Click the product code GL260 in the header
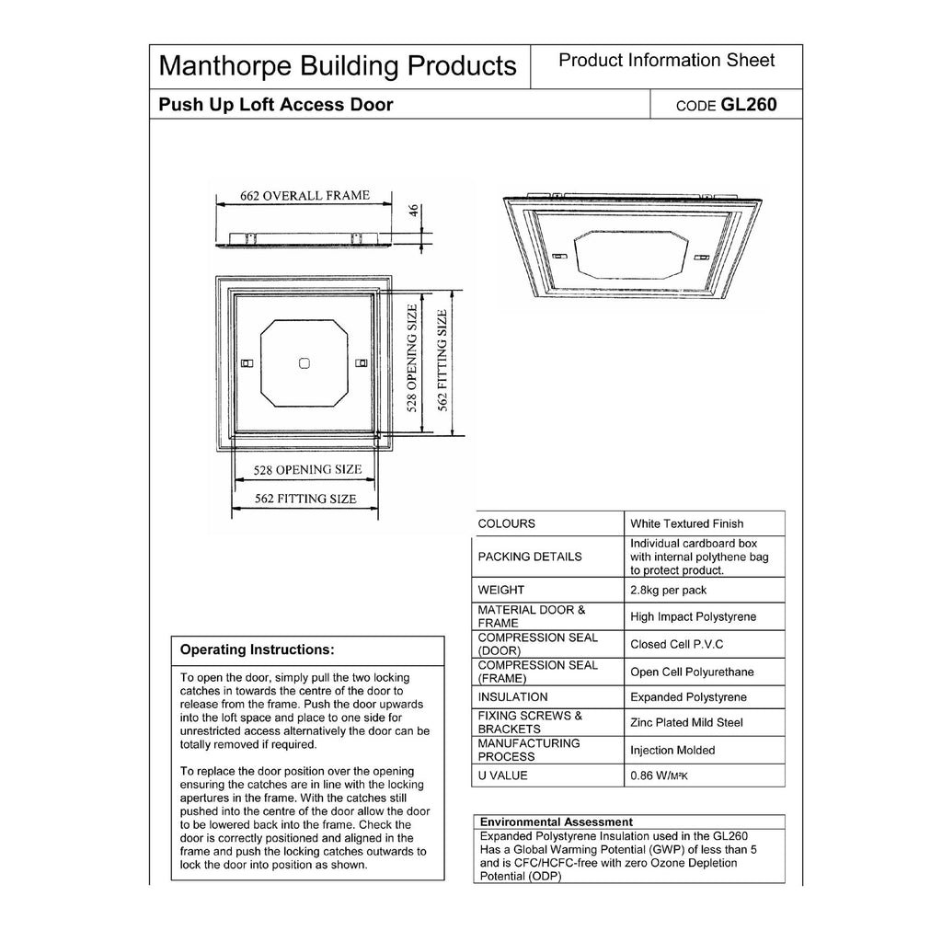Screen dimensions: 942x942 (749, 105)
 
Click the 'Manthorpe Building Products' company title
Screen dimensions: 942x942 (338, 66)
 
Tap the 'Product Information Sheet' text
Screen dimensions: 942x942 (666, 61)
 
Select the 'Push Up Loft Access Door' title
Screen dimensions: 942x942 (276, 105)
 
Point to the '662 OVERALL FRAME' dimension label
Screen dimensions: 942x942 (304, 196)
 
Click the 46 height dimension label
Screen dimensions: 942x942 (415, 211)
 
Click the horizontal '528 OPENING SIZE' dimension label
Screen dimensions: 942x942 (306, 469)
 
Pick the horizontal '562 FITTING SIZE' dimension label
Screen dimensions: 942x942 (305, 499)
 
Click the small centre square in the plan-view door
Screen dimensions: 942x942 (304, 364)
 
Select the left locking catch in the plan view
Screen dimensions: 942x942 (246, 363)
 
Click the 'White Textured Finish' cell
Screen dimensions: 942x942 (686, 523)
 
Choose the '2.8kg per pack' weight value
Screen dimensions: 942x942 (669, 590)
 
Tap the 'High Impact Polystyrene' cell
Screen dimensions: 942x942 (693, 616)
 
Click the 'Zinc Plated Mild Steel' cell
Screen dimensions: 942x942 (686, 723)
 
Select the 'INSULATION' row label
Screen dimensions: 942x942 (512, 697)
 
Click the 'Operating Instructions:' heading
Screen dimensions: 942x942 (257, 649)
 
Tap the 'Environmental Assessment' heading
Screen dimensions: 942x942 (557, 821)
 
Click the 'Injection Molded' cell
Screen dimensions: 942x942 (672, 751)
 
